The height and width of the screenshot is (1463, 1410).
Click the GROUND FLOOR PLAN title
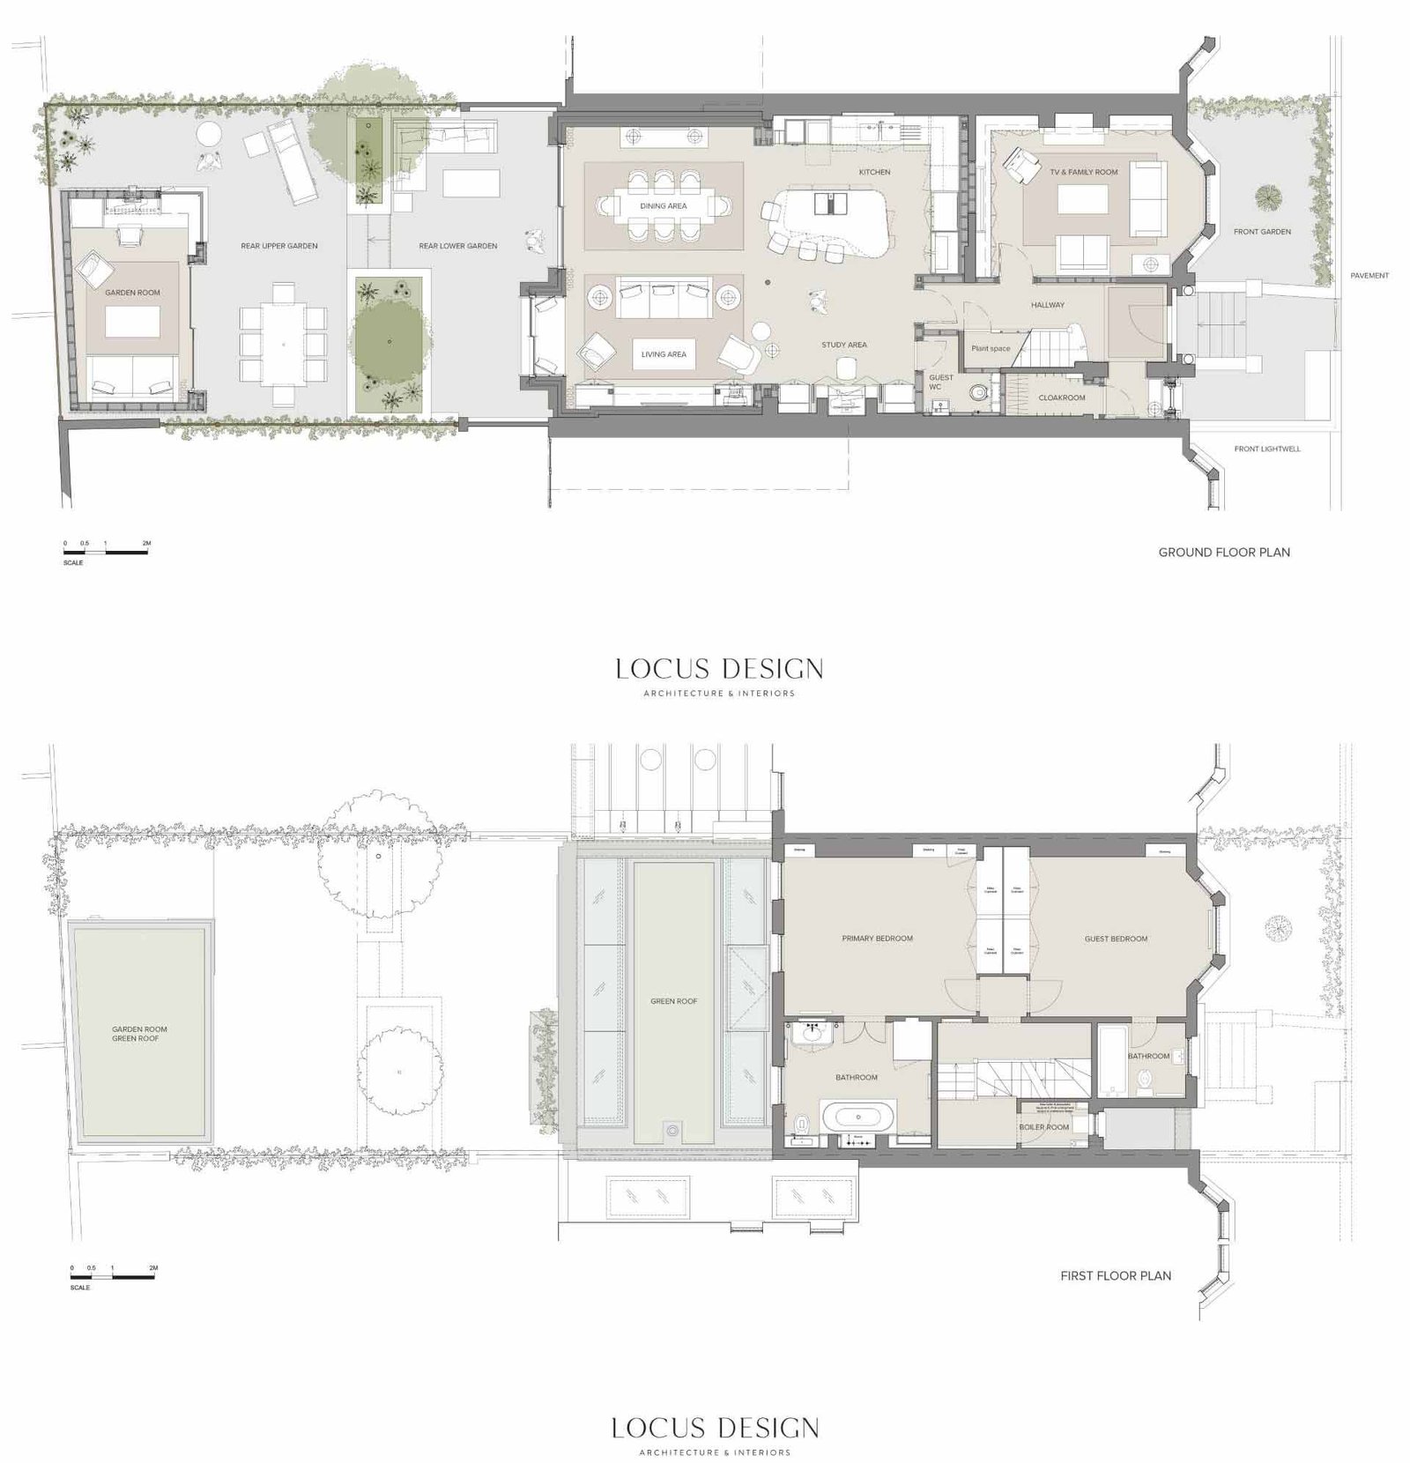click(x=1224, y=553)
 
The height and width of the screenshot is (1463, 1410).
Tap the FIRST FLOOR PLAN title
click(x=1116, y=1275)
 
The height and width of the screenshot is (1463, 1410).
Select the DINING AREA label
click(x=664, y=206)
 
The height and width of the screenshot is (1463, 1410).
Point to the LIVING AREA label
click(x=664, y=354)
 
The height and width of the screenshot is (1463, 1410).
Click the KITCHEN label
click(x=874, y=172)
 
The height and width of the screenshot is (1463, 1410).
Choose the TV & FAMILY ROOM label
click(x=1083, y=172)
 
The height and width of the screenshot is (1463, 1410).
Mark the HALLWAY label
click(x=1048, y=305)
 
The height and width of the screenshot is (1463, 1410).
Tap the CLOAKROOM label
click(x=1061, y=397)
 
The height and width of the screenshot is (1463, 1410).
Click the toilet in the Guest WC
click(x=976, y=393)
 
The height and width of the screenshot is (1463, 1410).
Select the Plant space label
click(x=991, y=348)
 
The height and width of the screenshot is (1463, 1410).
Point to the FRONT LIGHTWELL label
click(x=1266, y=449)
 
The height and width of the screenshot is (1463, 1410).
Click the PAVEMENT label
click(x=1369, y=276)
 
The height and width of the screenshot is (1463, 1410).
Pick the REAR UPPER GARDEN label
click(x=278, y=246)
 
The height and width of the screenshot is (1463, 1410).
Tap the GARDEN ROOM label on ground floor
click(x=133, y=293)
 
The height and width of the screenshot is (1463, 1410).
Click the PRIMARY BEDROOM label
click(x=877, y=939)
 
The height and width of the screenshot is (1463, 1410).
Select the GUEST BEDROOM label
click(x=1116, y=939)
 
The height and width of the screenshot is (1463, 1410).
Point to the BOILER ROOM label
click(x=1044, y=1127)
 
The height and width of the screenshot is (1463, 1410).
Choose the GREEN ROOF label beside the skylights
click(x=674, y=1001)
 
